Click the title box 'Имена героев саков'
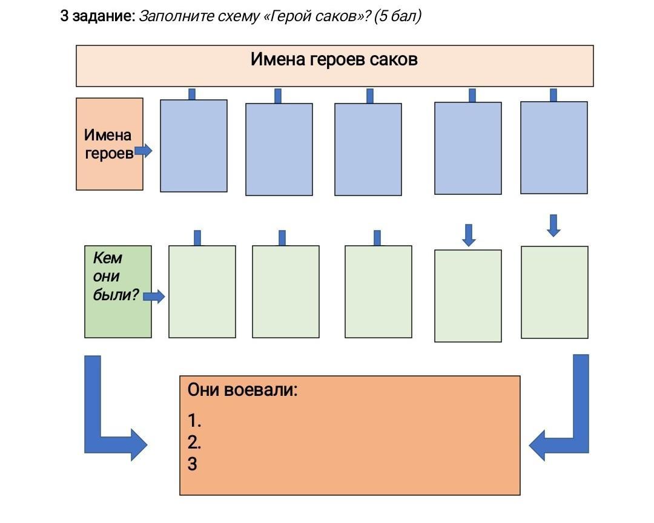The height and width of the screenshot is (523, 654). click(334, 66)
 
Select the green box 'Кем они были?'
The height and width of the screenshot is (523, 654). click(118, 291)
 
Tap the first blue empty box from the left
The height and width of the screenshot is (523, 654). click(194, 146)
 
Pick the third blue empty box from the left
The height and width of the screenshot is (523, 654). click(368, 150)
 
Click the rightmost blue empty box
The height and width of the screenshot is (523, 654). click(554, 148)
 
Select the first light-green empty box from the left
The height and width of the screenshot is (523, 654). click(202, 292)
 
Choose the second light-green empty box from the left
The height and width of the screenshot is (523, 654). click(286, 292)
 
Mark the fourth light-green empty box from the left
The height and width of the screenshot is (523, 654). click(468, 296)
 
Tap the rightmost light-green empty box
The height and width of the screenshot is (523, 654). click(555, 292)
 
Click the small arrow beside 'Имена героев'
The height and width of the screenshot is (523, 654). click(144, 151)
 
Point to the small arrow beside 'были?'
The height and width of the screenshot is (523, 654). click(154, 297)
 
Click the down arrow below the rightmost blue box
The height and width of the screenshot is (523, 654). click(553, 225)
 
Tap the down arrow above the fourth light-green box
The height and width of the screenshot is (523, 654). click(469, 235)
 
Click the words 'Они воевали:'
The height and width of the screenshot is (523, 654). click(243, 390)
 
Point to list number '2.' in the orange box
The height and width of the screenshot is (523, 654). click(194, 442)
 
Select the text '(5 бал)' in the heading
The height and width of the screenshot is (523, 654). click(397, 16)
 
